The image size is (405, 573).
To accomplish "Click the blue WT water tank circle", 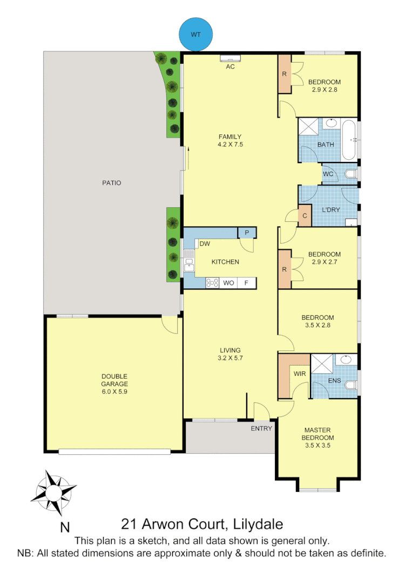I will coord(196,34).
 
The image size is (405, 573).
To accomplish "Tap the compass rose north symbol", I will coord(54,492).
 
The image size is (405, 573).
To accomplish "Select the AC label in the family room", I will coord(230,67).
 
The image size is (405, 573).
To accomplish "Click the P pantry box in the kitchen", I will coord(247,233).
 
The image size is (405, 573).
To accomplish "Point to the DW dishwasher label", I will coord(205,244).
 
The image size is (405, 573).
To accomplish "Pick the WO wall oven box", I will coord(228,282).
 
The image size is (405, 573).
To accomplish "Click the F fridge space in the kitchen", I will coord(247,282).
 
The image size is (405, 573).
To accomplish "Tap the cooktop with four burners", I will coord(212,282).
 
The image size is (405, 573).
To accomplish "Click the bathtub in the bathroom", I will coord(348,140).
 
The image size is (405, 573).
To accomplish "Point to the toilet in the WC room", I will coord(350,173).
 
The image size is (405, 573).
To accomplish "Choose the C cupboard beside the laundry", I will coord(305,216).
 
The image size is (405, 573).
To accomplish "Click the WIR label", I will coord(300,373).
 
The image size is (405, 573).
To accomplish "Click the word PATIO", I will coord(112,183).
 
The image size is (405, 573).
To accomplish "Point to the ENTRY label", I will coord(261,429).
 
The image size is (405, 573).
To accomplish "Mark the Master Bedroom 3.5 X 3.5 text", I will coord(318,438).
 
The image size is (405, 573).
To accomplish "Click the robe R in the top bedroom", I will coord(284,75).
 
